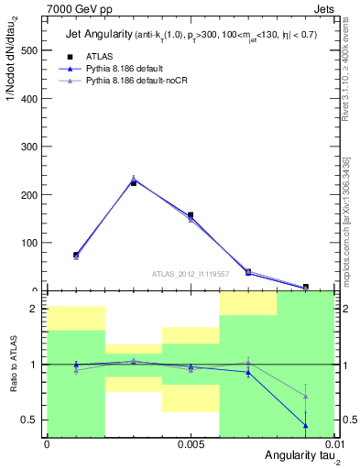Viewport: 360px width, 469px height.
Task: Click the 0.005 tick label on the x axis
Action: pyautogui.click(x=190, y=444)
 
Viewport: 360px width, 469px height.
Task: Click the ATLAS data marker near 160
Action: pyautogui.click(x=191, y=215)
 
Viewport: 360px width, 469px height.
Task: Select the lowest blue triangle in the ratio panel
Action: pyautogui.click(x=305, y=425)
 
